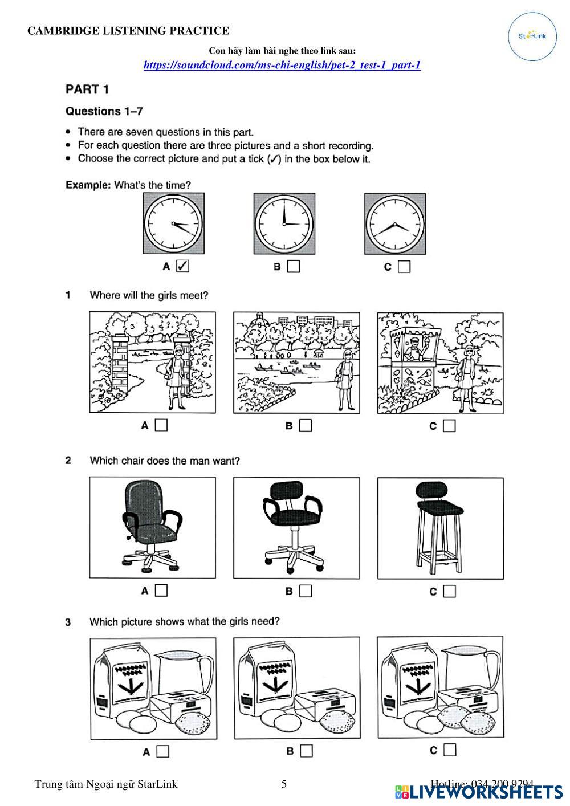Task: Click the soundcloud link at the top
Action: click(282, 65)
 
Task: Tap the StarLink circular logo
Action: click(532, 35)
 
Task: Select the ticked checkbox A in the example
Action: click(182, 266)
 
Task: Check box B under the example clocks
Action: click(294, 266)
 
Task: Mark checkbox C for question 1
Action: click(449, 425)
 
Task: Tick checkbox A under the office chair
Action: click(161, 591)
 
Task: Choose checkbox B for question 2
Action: click(306, 591)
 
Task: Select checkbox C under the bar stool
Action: click(449, 591)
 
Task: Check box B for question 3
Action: click(307, 751)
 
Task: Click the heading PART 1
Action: click(87, 89)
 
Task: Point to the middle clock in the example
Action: click(284, 223)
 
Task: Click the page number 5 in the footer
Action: click(284, 784)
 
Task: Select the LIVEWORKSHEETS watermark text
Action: click(486, 792)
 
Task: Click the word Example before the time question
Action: click(88, 185)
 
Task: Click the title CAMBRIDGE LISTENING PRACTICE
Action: click(128, 31)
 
